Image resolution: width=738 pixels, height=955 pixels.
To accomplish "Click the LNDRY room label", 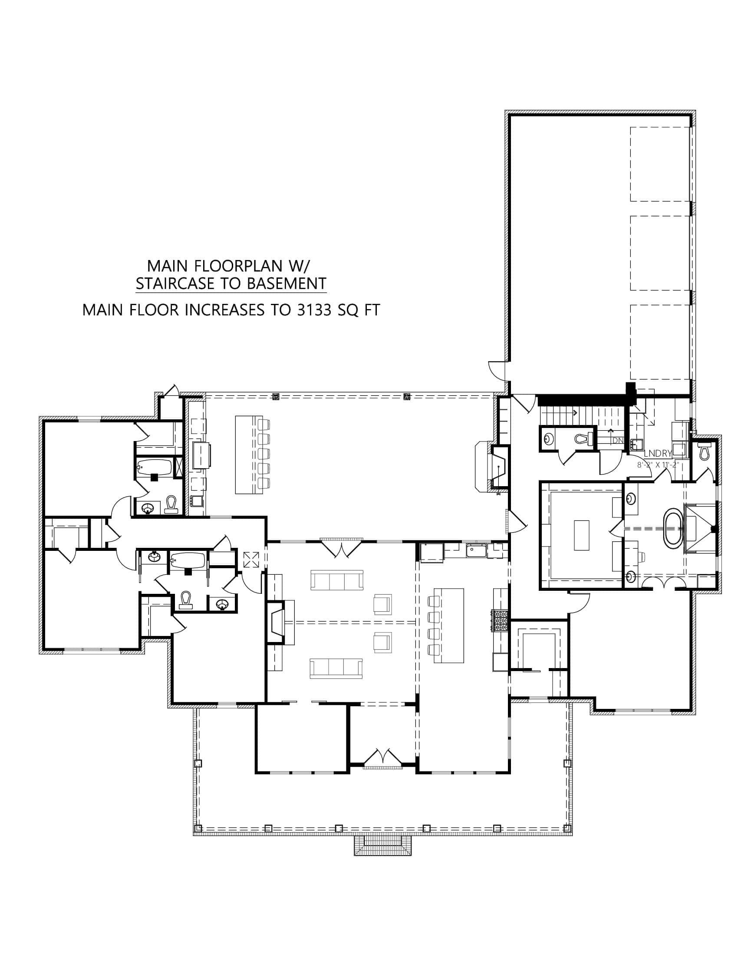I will click(x=657, y=454).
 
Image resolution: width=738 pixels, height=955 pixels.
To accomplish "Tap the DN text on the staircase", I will click(x=617, y=441).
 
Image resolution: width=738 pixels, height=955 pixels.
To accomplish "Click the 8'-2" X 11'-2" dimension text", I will click(x=658, y=465).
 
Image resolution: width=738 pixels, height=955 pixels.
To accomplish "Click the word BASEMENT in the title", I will click(x=287, y=283).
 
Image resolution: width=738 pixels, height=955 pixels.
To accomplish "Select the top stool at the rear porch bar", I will click(x=264, y=424).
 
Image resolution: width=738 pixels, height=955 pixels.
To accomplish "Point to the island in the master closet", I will click(x=581, y=535).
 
